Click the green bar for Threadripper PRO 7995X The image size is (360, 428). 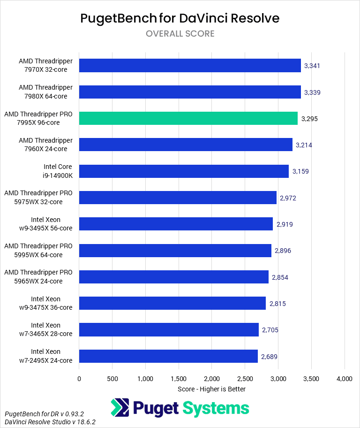[188, 118]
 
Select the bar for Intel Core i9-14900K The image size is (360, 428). [184, 171]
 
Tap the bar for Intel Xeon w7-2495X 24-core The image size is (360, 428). [168, 356]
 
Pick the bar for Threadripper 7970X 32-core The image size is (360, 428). [190, 66]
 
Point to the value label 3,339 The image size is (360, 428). [312, 92]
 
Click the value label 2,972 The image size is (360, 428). [288, 198]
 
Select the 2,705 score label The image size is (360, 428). [270, 330]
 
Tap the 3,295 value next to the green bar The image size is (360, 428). [309, 119]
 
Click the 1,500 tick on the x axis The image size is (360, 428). [179, 379]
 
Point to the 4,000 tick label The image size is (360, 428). [345, 379]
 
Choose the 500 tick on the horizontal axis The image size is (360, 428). [112, 379]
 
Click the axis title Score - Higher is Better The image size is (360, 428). [212, 389]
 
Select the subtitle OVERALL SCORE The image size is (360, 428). [180, 34]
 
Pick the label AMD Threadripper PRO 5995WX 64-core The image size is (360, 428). [38, 250]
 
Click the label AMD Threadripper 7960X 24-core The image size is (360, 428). [45, 145]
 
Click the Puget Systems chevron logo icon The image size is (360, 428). [120, 407]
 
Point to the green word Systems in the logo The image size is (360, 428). [216, 407]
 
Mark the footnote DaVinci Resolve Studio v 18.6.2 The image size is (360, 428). [50, 422]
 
